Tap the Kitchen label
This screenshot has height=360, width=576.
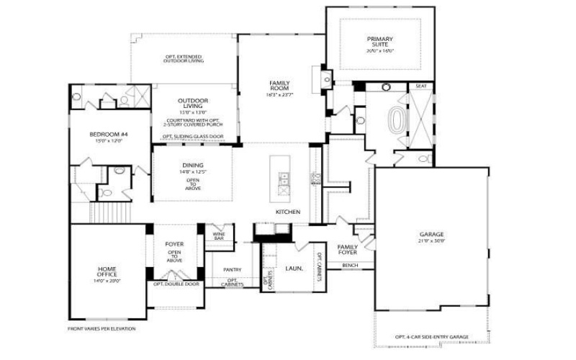[288, 212]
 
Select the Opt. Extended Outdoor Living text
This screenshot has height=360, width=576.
[183, 58]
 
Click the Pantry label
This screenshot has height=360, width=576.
[232, 270]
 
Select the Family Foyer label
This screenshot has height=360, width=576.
[348, 249]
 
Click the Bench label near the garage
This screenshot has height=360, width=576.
[351, 266]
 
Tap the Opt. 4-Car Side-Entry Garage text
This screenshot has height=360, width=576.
[432, 336]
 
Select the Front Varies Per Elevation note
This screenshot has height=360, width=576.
[102, 328]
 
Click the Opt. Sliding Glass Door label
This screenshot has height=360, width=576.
[192, 136]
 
